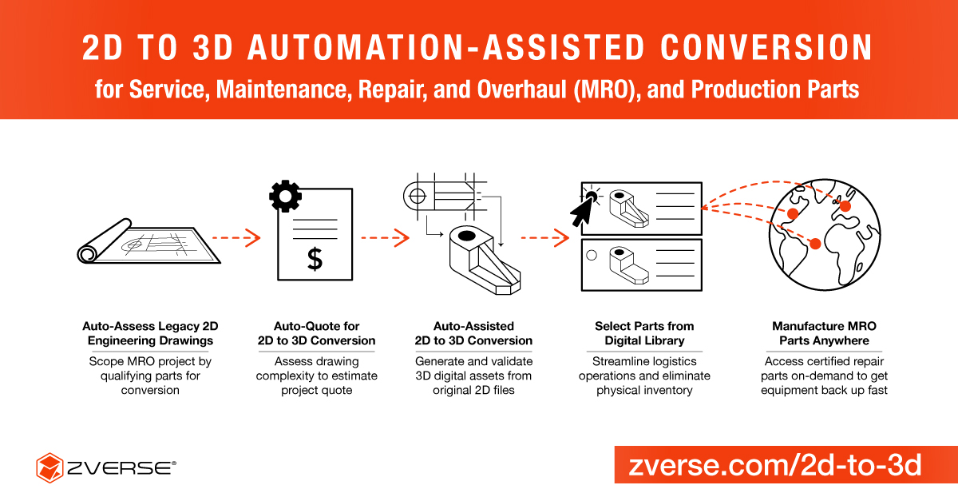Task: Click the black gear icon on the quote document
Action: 285,196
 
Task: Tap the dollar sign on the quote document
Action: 315,259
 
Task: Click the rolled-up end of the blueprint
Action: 87,255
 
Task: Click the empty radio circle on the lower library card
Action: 592,255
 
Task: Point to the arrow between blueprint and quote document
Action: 236,237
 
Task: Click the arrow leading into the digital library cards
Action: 544,238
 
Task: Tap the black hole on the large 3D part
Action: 466,236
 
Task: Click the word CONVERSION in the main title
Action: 766,47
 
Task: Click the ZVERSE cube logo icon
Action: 49,467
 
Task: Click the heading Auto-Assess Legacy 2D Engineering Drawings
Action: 150,333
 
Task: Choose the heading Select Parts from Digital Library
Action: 644,333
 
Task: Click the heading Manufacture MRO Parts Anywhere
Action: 824,333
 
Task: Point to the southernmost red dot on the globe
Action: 816,244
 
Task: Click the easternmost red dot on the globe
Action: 845,206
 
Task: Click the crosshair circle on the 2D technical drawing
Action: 418,197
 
